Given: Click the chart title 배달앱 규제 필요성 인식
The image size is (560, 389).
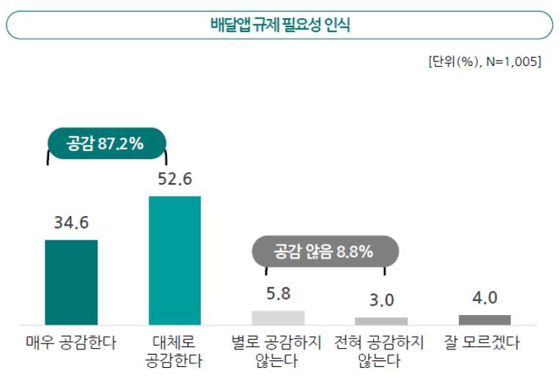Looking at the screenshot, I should coord(279,25).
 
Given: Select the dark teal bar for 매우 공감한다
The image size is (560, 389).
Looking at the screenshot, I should coord(71,282).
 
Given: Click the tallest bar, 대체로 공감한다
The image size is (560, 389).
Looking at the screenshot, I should coord(174,260).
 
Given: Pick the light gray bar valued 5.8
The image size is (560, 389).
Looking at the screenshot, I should coord(278,318).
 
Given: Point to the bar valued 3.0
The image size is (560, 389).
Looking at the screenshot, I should coord(381,321).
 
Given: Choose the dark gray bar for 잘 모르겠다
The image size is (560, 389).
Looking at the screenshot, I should coord(485,319).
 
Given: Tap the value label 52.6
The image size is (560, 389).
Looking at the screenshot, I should coord(174,179).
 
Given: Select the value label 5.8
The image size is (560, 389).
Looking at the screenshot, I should coord(278,294).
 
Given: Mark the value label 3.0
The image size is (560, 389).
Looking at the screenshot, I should coord(381,300).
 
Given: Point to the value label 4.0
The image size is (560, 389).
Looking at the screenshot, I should coord(485,297).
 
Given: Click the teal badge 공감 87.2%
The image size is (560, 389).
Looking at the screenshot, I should coord(106,144).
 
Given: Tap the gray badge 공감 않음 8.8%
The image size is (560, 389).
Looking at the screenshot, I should coord(324,252).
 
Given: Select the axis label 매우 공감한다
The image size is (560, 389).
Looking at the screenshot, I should coord(71,343).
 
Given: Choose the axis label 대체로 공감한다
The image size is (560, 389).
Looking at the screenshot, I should coord(174,352).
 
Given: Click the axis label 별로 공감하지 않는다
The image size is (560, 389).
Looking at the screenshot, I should coord(278,352).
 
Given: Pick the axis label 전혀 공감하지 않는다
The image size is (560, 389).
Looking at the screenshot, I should coord(381,352).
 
